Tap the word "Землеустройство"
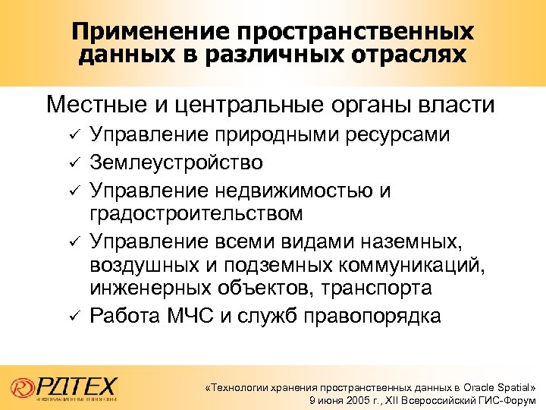(177, 162)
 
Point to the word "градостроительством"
(196, 213)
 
